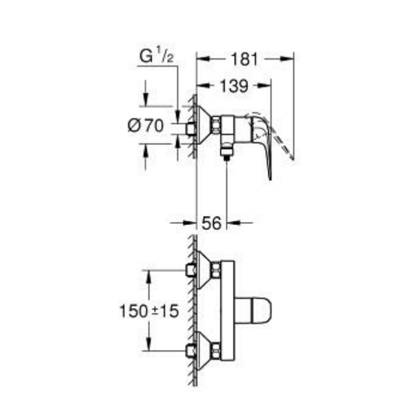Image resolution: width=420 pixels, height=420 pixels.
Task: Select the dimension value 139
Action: [x=234, y=86]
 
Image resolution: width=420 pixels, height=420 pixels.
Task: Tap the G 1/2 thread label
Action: [x=156, y=58]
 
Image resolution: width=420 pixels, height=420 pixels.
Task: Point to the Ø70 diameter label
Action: [x=146, y=126]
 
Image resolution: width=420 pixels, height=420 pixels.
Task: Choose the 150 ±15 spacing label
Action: [x=149, y=311]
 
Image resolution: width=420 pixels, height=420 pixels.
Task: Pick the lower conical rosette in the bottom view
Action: [x=205, y=349]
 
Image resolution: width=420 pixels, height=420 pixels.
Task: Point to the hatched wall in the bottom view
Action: [x=194, y=311]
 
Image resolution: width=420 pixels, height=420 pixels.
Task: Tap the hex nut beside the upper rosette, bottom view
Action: [x=216, y=270]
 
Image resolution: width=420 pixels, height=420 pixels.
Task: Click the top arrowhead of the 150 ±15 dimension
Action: [x=148, y=274]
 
